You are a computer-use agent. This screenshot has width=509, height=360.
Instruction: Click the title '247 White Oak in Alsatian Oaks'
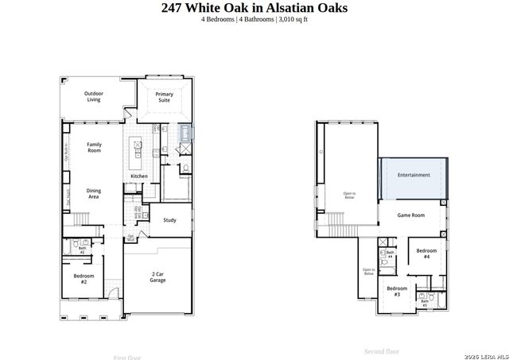click(x=254, y=9)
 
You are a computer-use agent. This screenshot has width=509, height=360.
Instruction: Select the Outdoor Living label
click(x=95, y=97)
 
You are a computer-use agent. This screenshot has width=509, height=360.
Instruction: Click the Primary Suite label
click(x=164, y=97)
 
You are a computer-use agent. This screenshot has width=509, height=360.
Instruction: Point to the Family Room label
click(x=94, y=147)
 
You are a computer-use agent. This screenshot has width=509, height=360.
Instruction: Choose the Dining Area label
click(x=93, y=193)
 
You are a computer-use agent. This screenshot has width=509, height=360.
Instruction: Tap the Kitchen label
click(x=139, y=176)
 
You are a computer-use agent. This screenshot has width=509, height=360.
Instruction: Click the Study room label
click(x=169, y=220)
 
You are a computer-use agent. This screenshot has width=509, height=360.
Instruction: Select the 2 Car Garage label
click(x=157, y=277)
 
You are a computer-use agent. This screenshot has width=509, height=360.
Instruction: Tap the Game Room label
click(x=411, y=215)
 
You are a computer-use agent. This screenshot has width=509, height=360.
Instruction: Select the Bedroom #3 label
click(x=397, y=291)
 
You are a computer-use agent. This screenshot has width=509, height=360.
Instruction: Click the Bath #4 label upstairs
click(x=390, y=255)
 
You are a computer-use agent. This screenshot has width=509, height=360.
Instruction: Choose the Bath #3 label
click(x=424, y=302)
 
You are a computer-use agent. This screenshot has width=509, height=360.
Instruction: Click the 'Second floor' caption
click(x=382, y=350)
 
